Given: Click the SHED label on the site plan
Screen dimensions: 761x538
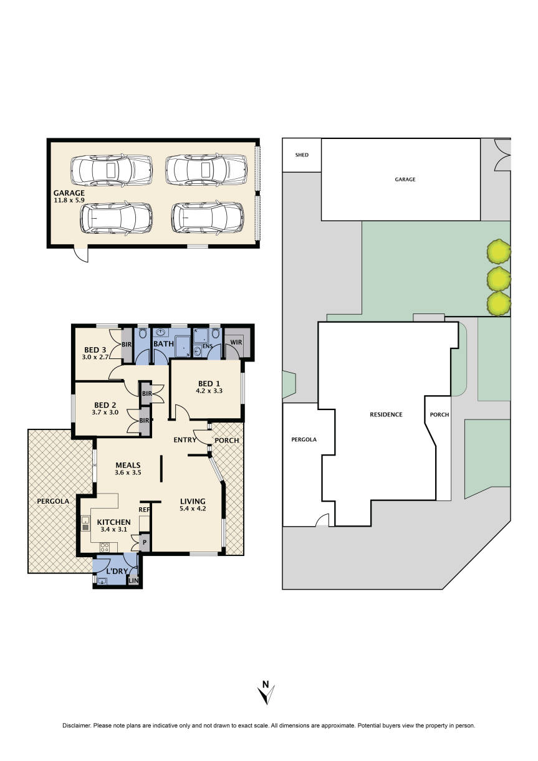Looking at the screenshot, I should click(302, 155).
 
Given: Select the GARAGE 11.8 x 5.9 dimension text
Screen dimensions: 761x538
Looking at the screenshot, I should click(69, 198).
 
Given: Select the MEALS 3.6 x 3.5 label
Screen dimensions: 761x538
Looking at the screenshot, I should click(127, 469).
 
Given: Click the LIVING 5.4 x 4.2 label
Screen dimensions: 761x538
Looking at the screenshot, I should click(193, 505).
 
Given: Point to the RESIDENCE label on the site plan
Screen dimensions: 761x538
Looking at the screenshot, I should click(386, 414).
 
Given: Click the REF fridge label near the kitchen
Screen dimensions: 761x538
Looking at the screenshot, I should click(143, 509).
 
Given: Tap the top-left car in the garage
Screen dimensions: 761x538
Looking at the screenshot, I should click(112, 169).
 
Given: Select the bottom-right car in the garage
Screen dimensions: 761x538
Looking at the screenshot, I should click(208, 218).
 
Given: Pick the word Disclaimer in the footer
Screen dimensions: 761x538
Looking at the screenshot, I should click(76, 725).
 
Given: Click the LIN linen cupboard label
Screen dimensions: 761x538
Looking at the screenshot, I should click(133, 581).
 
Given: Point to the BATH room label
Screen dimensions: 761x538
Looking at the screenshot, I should click(163, 343).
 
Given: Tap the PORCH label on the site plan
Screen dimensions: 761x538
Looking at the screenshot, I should click(440, 414).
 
